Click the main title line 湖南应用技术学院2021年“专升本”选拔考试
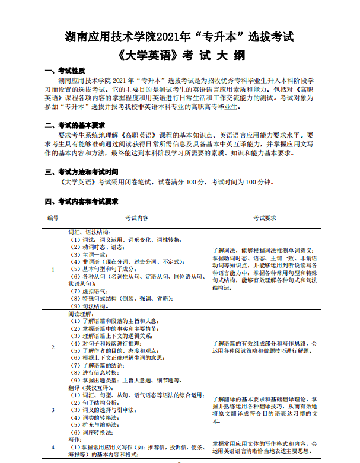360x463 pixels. (179, 37)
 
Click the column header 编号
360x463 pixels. (53, 218)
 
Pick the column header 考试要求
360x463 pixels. (265, 218)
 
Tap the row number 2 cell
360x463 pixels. (53, 347)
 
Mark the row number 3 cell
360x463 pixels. (53, 410)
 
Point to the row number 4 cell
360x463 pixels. (53, 446)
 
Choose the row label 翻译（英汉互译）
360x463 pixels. (90, 387)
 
